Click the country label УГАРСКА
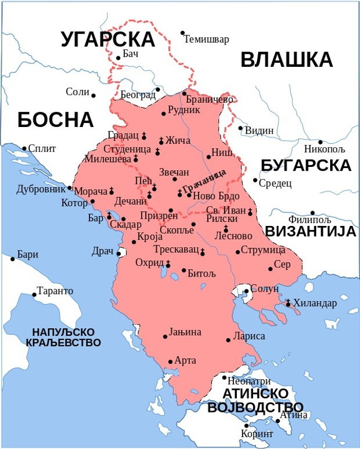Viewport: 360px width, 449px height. point(107,39)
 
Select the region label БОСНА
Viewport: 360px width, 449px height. point(55,120)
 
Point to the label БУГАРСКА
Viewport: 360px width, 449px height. point(306,165)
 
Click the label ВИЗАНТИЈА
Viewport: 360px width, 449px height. point(310,232)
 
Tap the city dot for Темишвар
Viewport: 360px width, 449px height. point(182,33)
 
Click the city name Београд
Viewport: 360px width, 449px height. point(138,95)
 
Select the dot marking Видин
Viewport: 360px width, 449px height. point(240,128)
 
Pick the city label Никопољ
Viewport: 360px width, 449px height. point(325,149)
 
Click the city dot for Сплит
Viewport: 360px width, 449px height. point(24,148)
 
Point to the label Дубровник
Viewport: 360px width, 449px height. point(41,189)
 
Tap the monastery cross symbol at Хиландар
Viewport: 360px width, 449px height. point(288,303)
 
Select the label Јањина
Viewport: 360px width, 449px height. point(185,332)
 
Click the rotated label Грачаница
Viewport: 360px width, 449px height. point(205,181)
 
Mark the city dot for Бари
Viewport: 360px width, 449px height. point(12,259)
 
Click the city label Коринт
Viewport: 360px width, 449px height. point(257,434)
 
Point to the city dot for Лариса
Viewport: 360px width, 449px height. point(228,339)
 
